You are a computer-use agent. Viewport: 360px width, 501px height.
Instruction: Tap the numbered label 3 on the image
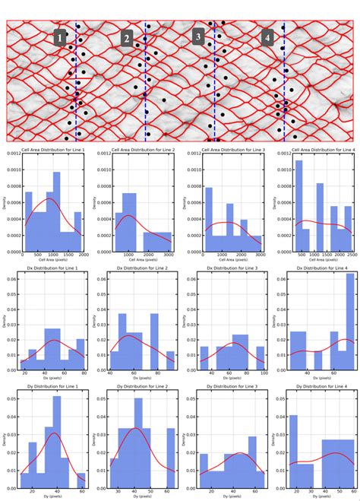click(198, 36)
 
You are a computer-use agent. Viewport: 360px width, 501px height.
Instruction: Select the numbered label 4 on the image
click(267, 37)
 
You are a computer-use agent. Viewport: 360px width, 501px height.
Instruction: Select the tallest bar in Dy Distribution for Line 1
click(57, 441)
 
